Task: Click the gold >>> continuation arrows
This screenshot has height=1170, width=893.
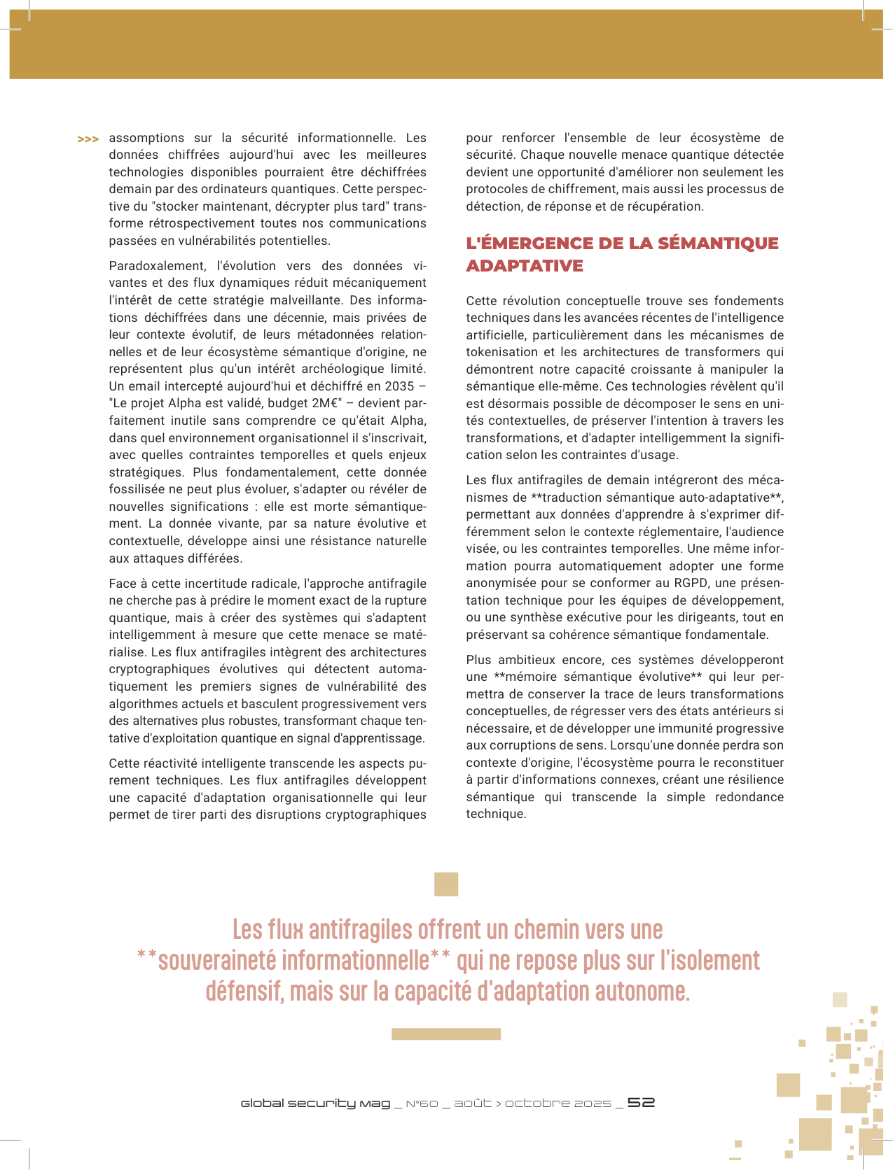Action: point(88,139)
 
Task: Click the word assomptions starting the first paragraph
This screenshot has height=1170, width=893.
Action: point(147,138)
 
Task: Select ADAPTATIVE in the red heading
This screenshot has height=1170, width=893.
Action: point(525,266)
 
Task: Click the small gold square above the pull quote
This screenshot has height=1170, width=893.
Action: point(446,884)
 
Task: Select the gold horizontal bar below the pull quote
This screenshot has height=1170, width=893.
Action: point(446,1034)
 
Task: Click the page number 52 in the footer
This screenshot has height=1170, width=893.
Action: point(641,1102)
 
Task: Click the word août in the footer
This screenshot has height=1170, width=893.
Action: point(473,1104)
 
